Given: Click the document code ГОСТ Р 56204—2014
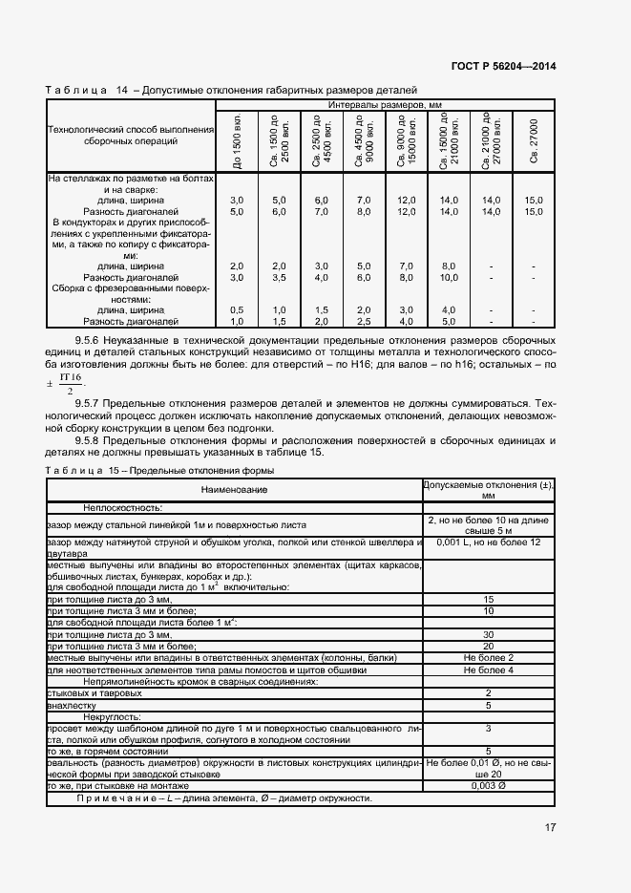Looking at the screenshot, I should pos(503,67).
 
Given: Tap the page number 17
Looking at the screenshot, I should pos(550,827).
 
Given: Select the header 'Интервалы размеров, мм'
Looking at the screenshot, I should pos(385,104).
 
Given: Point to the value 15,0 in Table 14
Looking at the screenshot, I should pos(534,200).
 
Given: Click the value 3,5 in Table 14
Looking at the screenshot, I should pos(279,277).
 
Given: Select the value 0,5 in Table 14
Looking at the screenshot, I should pos(237,309).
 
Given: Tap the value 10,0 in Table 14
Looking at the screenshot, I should pos(449,277).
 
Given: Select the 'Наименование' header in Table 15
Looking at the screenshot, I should pos(234,489).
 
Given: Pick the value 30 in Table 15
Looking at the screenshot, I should pos(489,634).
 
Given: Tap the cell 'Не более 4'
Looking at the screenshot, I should pos(489,670).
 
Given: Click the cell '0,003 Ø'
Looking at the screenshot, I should pos(489,785).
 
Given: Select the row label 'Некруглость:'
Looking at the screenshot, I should pos(112,715).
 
